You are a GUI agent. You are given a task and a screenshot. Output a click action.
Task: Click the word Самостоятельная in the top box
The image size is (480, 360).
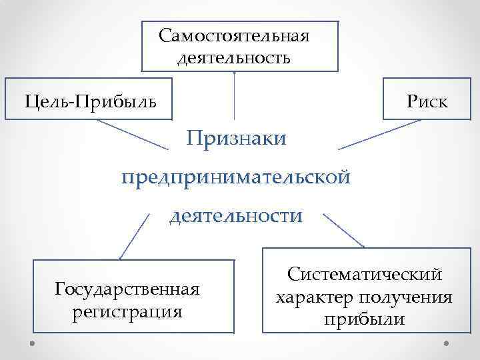234,35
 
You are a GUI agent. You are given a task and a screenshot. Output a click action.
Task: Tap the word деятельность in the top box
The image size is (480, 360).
234,57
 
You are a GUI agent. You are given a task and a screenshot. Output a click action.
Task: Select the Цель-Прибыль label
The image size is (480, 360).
91,101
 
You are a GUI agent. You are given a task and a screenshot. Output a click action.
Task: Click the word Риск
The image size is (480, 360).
428,101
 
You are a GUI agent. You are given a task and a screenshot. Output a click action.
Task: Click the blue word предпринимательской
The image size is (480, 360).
235,177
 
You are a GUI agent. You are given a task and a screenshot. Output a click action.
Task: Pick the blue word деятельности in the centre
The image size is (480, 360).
235,216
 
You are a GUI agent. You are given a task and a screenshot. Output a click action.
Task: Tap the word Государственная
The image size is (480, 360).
128,290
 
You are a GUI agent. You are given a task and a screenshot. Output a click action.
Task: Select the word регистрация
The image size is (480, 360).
128,311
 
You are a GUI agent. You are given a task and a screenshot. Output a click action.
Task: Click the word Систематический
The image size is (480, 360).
364,274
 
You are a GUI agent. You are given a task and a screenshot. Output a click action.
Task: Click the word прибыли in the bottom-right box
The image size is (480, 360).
364,319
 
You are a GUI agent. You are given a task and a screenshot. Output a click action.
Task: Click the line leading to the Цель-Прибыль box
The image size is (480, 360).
136,133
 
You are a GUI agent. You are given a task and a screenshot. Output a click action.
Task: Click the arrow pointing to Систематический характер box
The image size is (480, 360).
343,229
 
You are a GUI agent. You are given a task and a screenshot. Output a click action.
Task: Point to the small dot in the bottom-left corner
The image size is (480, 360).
33,343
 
